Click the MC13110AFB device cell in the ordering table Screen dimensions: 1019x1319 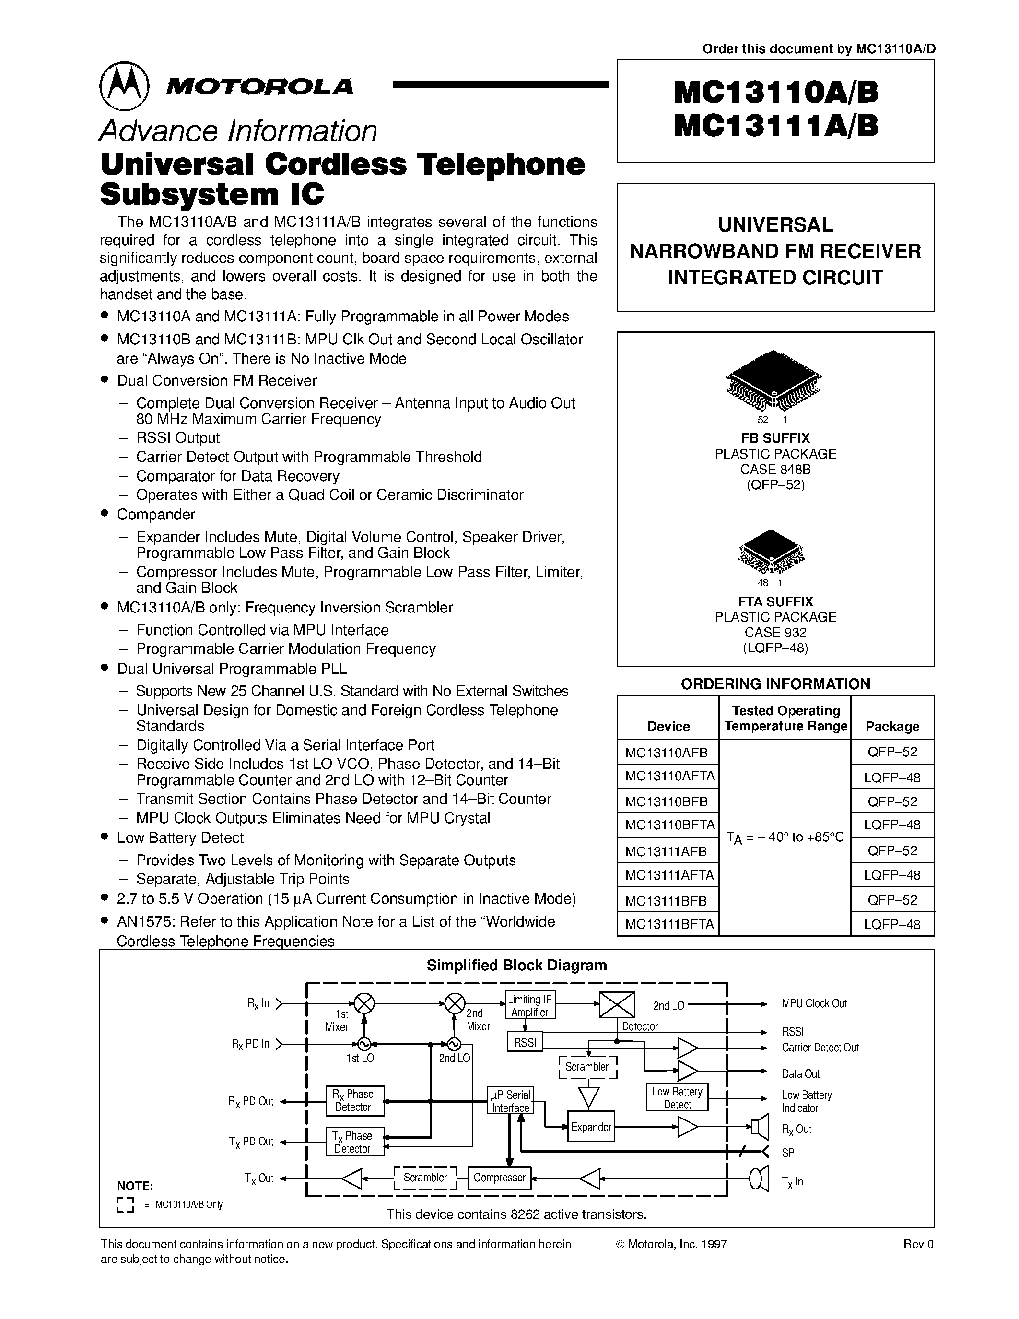tap(667, 753)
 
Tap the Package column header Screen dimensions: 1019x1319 tap(891, 726)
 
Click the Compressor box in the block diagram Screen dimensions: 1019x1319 tap(499, 1177)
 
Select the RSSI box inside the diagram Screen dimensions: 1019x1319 tap(525, 1042)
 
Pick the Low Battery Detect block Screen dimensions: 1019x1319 tap(677, 1098)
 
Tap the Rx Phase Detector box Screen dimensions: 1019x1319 tap(354, 1100)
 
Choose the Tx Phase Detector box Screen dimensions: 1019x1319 tap(354, 1142)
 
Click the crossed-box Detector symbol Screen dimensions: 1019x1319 tap(616, 1004)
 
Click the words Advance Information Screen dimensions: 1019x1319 tap(238, 131)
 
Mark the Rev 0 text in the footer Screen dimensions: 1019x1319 tap(918, 1244)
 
